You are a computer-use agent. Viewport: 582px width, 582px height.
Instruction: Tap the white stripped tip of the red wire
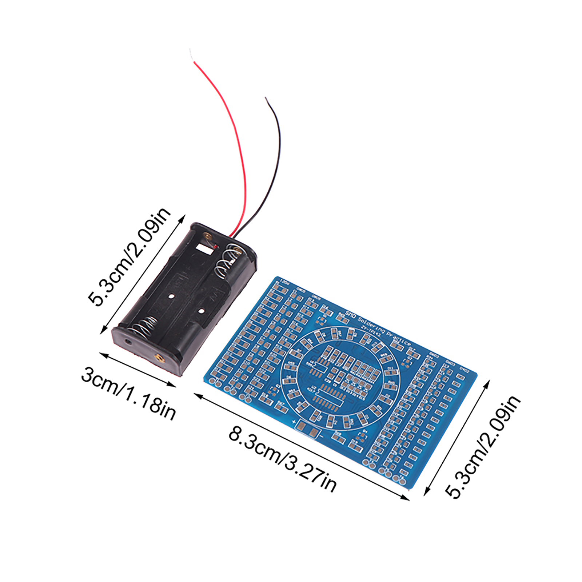click(192, 55)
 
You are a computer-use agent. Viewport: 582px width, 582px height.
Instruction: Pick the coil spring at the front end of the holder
click(145, 327)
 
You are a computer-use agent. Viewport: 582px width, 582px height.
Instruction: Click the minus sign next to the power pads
click(322, 436)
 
